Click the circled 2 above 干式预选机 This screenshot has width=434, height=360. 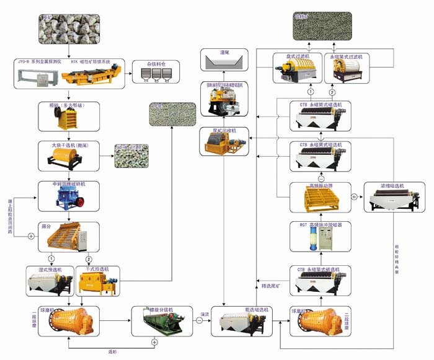pos(89,258)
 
